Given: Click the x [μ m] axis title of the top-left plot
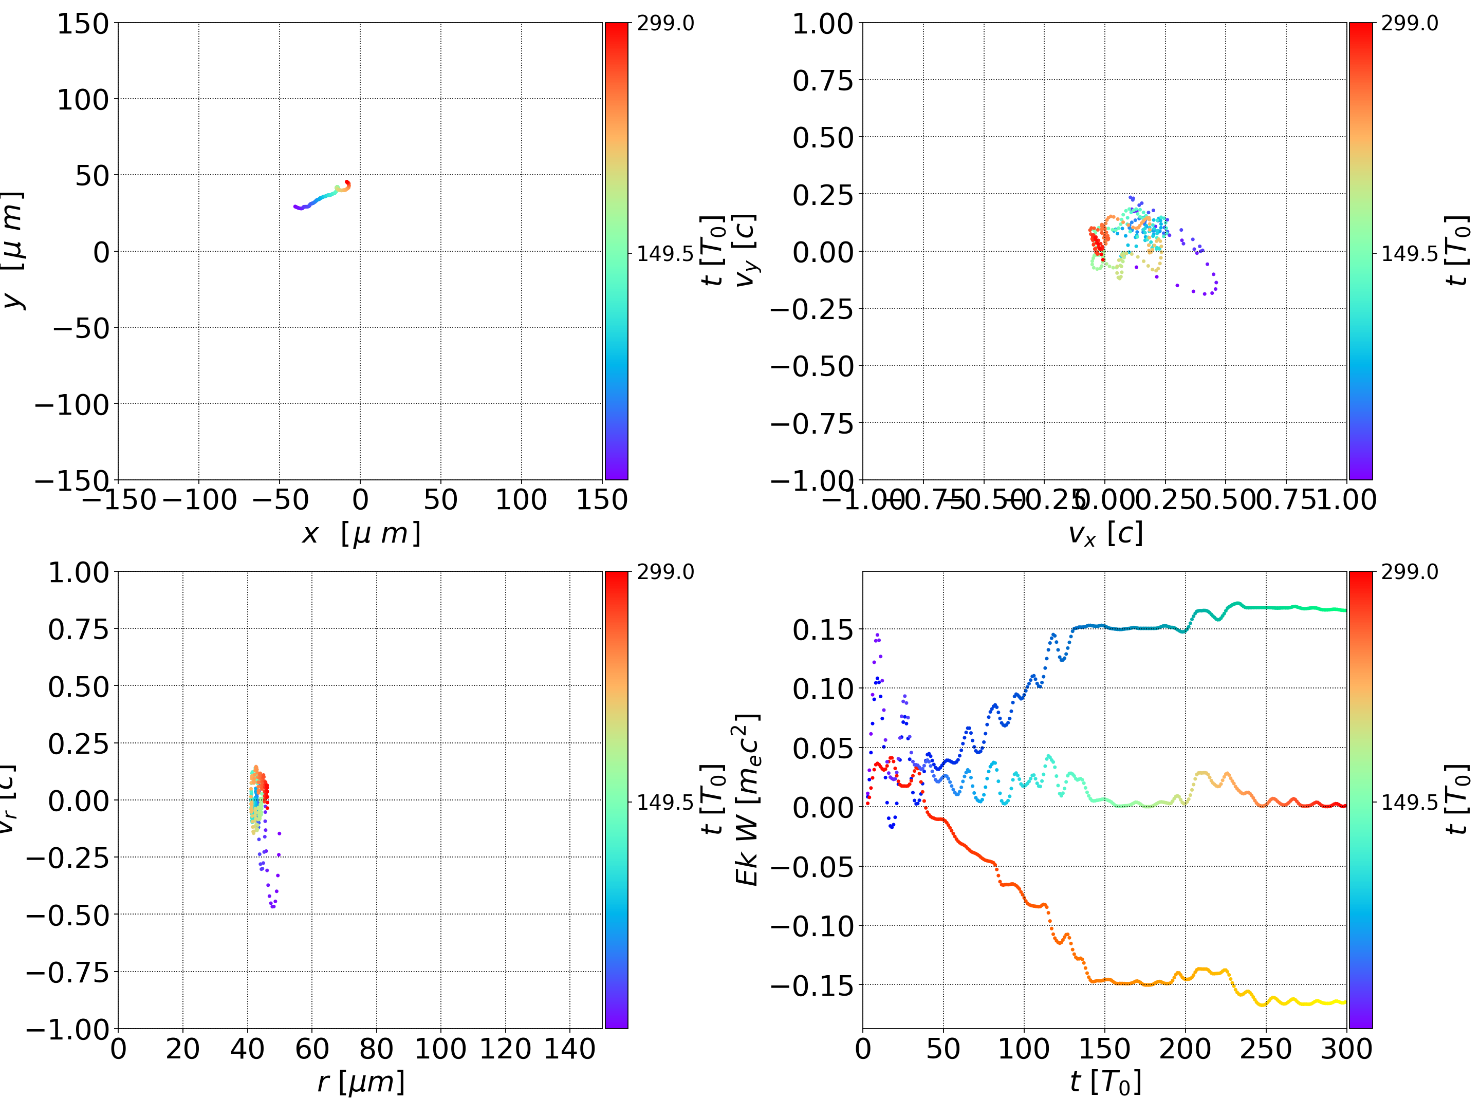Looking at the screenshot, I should click(361, 534).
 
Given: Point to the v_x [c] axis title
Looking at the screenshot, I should click(1105, 534).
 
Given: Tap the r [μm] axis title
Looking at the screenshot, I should click(361, 1082).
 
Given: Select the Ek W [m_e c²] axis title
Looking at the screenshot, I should click(747, 799).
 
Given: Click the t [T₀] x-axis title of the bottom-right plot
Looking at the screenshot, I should click(1105, 1082).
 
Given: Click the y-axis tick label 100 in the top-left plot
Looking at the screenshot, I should click(82, 100).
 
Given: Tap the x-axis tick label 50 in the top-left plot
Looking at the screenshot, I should click(440, 500).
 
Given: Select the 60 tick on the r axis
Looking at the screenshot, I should click(312, 1049).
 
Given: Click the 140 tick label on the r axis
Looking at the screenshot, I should click(569, 1049).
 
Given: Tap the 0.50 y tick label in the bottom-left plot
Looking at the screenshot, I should click(78, 686).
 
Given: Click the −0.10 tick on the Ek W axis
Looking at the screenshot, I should click(812, 926).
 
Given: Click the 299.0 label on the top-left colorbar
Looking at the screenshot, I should click(665, 24).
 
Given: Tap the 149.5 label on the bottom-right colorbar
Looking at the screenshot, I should click(1409, 802).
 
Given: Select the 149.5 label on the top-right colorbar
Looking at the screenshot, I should click(1409, 254).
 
